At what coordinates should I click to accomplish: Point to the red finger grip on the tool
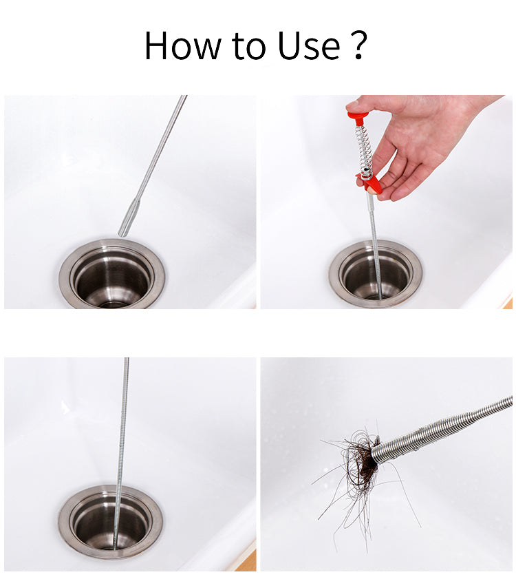point(369,182)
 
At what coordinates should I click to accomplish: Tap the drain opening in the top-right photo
point(376,275)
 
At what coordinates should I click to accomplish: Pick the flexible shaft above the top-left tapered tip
point(161,148)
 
